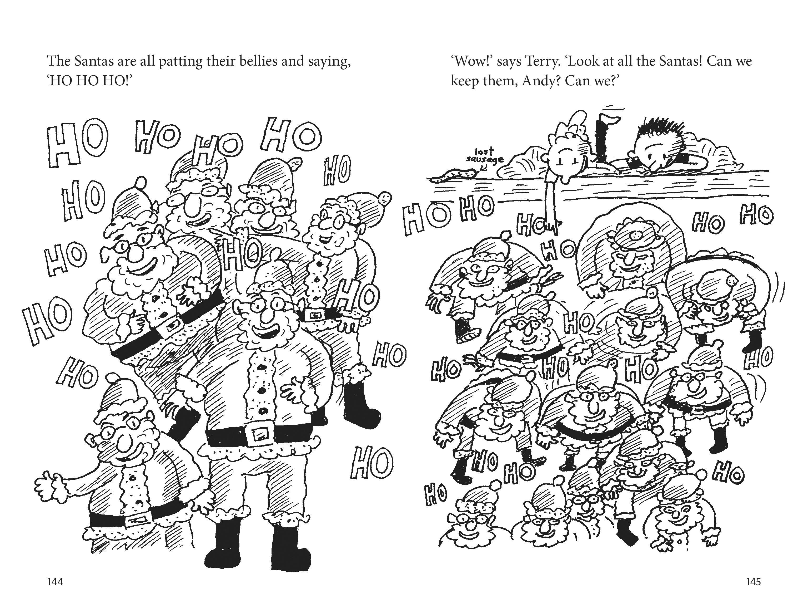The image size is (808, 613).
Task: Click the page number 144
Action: pos(55,582)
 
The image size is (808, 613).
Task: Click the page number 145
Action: pos(753,582)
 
